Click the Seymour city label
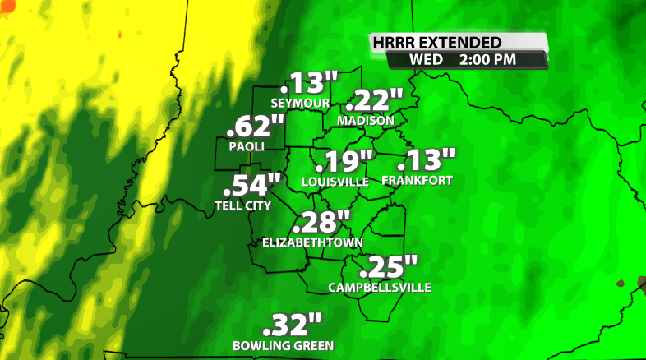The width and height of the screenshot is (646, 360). (301, 103)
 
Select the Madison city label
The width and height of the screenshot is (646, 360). (366, 120)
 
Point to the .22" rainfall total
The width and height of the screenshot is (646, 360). (375, 101)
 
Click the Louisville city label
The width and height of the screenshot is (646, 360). (335, 182)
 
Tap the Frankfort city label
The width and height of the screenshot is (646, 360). (417, 180)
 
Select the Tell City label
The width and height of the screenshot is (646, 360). (242, 205)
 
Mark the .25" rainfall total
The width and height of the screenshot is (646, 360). (388, 267)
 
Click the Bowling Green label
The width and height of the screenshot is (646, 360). (283, 345)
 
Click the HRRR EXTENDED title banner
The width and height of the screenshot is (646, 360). (448, 42)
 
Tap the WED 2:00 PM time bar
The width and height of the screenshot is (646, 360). (464, 60)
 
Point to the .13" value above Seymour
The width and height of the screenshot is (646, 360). (309, 84)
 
